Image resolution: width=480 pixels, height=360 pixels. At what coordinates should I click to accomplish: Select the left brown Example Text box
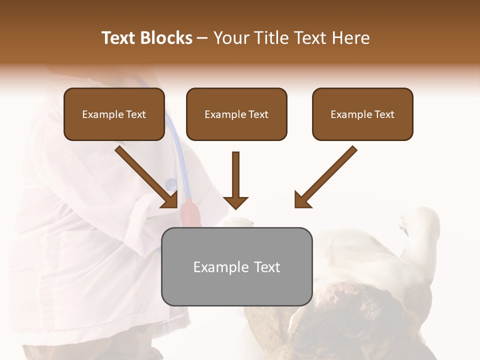[114, 114]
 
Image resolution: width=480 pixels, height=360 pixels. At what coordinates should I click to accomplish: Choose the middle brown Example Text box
[236, 114]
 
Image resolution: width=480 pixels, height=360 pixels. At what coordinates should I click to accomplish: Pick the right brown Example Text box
[362, 114]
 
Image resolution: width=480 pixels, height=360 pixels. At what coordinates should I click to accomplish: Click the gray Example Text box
[236, 266]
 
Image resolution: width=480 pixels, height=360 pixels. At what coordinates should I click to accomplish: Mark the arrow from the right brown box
[327, 175]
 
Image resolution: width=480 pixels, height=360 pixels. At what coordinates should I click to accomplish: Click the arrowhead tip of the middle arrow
[235, 207]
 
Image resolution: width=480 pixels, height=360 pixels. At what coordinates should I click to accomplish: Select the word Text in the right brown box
[384, 114]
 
